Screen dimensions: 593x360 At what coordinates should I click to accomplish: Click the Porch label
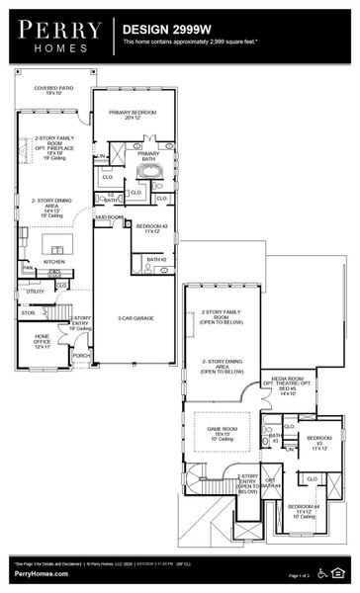pyautogui.click(x=81, y=356)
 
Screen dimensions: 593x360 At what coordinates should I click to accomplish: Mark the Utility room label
pyautogui.click(x=35, y=292)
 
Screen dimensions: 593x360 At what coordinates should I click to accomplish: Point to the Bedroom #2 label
pyautogui.click(x=151, y=228)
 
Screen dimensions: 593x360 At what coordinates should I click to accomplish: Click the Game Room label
pyautogui.click(x=221, y=432)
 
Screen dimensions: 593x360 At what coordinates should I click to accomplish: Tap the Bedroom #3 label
pyautogui.click(x=319, y=441)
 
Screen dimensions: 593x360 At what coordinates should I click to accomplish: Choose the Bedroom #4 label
pyautogui.click(x=304, y=511)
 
